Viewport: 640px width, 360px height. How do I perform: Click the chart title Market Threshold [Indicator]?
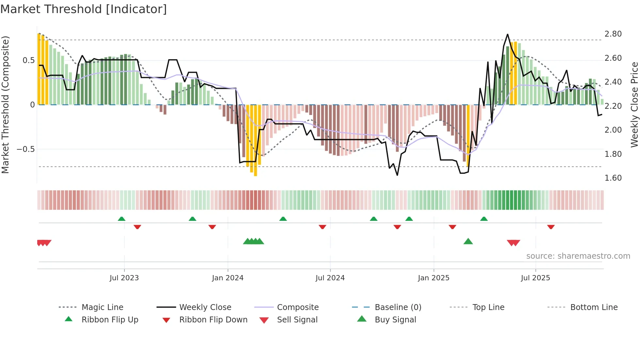coord(84,9)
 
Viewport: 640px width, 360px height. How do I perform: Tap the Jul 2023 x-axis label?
coord(124,278)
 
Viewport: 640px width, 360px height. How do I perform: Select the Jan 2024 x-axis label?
coord(228,278)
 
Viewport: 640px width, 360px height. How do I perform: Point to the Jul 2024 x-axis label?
coord(330,278)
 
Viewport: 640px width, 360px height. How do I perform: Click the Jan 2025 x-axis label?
coord(433,278)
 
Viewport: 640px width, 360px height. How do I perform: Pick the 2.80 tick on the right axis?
coord(613,34)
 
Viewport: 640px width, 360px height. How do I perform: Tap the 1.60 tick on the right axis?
coord(613,178)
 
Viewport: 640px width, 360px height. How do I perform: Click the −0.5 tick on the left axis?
coord(25,149)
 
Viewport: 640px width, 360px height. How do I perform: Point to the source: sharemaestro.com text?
coord(578,256)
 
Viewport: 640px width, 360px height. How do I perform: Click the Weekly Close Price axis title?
coord(634,105)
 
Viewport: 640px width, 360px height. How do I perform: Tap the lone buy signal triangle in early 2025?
coord(468,241)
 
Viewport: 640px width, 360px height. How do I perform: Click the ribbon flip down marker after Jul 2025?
coord(551,227)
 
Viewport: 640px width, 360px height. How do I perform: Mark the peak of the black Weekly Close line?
coord(507,34)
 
